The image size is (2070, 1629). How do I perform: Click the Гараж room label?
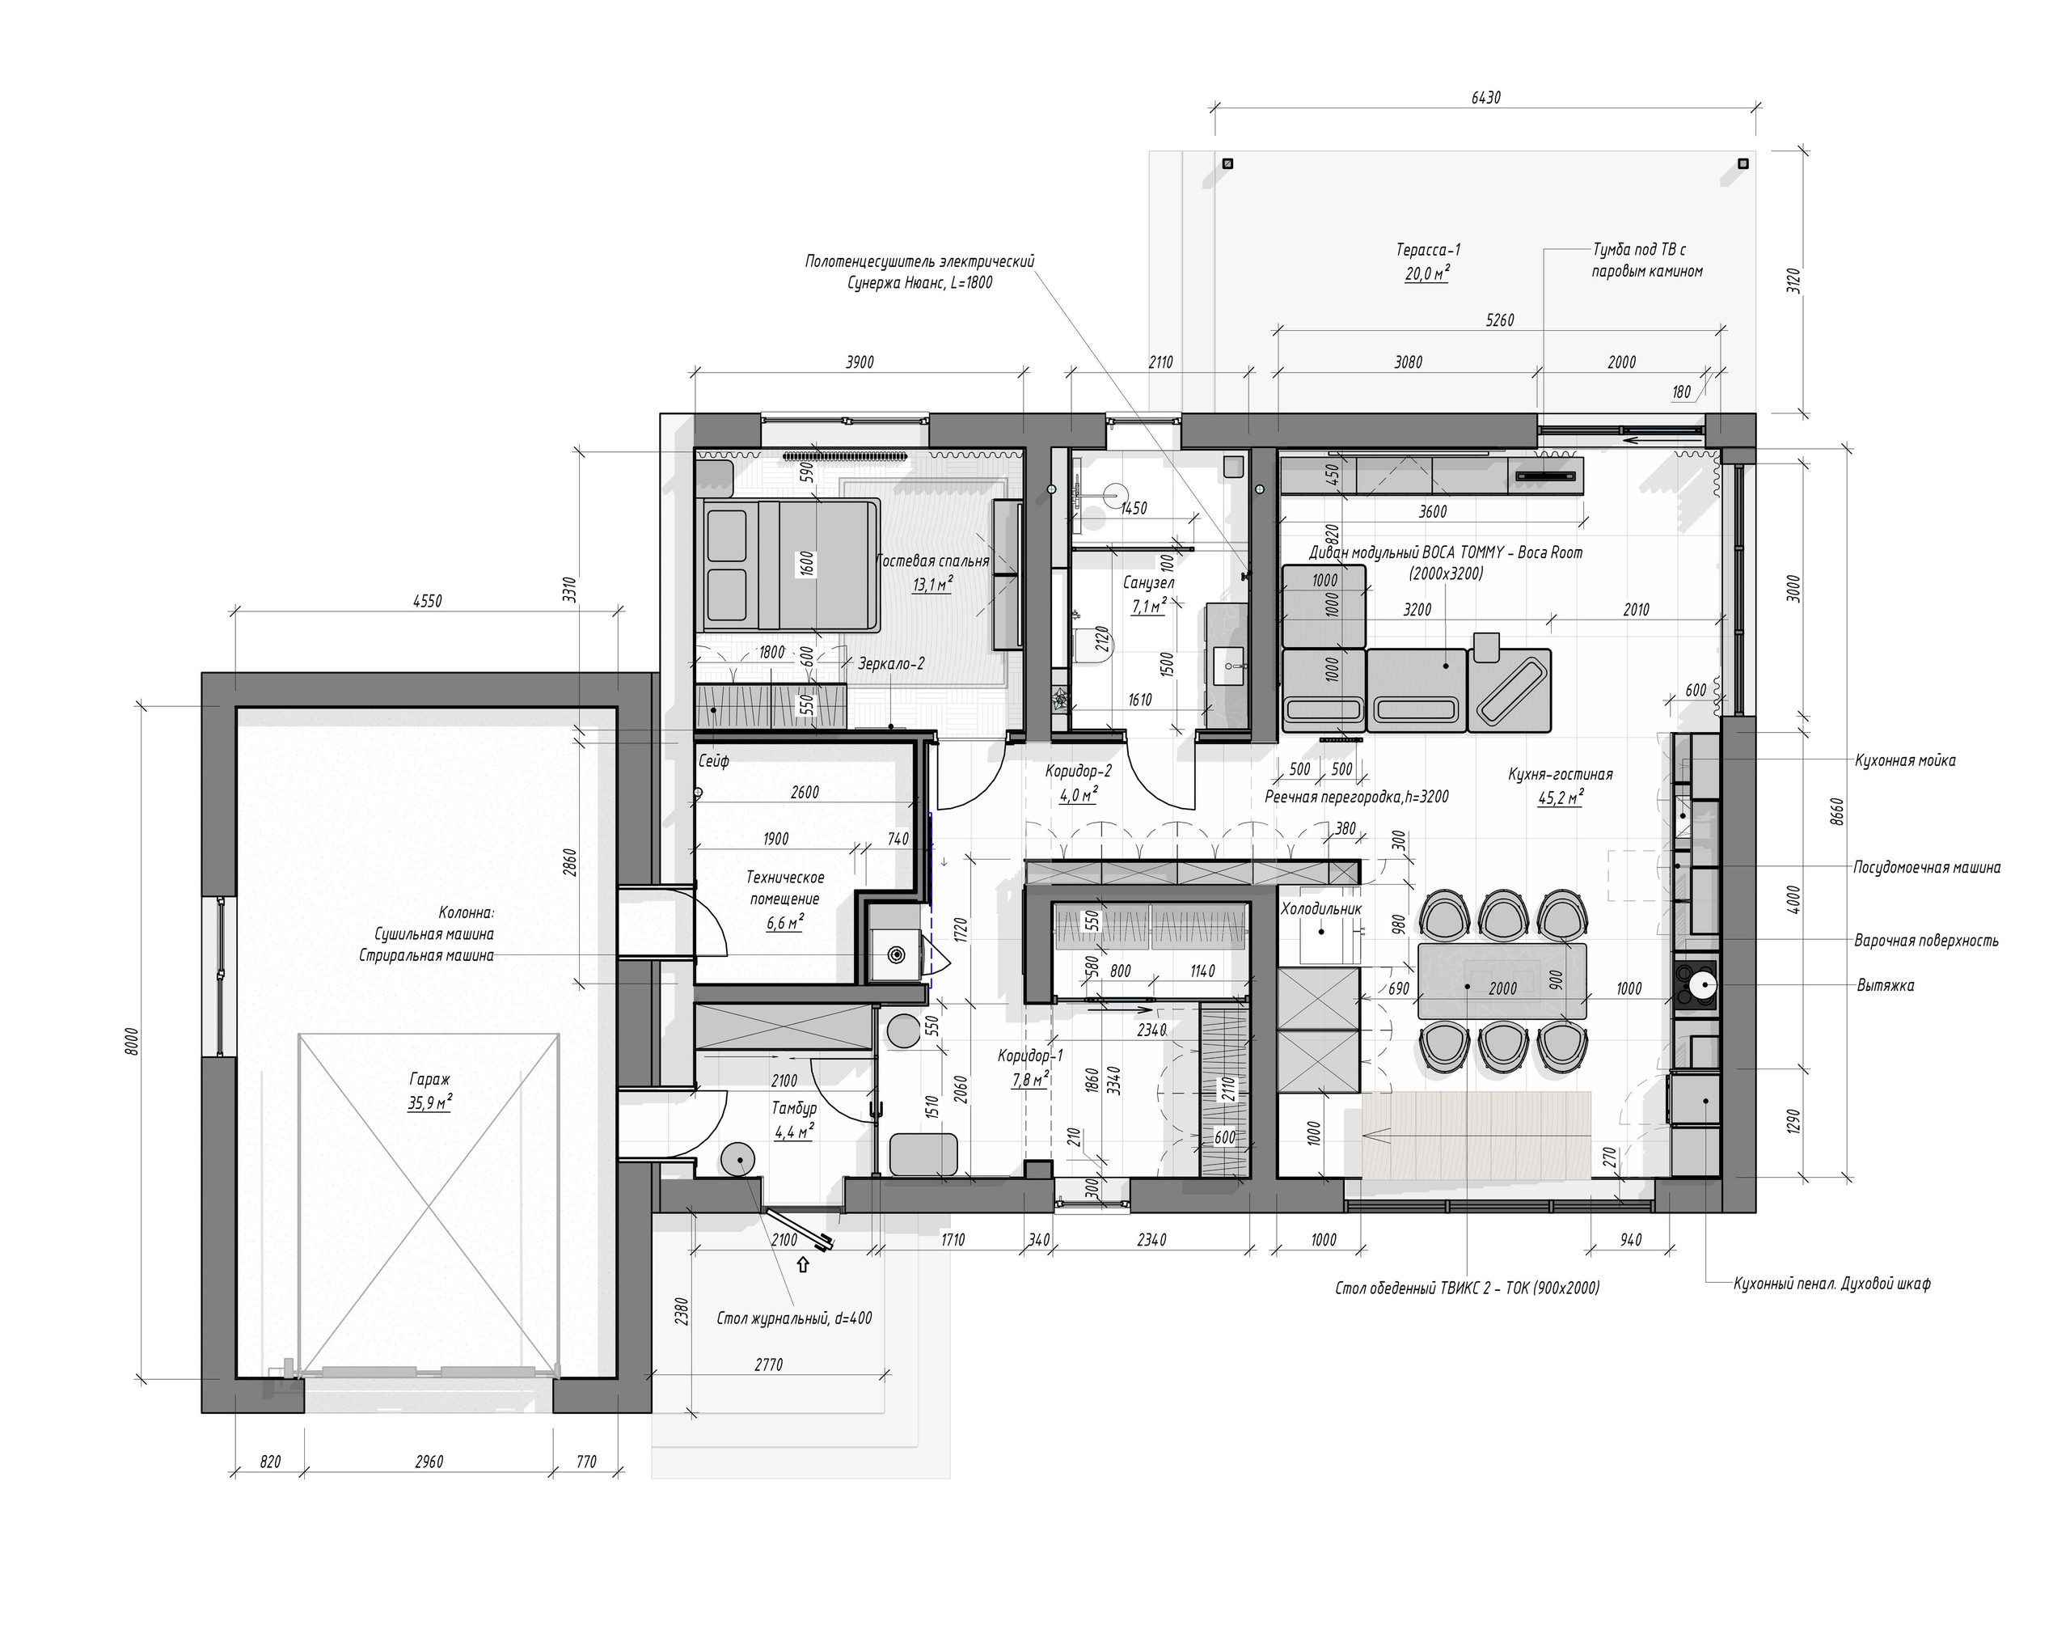pyautogui.click(x=429, y=1080)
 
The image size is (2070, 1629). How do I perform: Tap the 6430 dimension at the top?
pyautogui.click(x=1485, y=97)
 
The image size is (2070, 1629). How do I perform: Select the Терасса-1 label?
pyautogui.click(x=1428, y=250)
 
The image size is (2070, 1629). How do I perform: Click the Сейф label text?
pyautogui.click(x=713, y=761)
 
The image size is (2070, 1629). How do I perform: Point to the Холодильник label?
pyautogui.click(x=1320, y=909)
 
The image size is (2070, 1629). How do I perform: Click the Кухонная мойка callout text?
pyautogui.click(x=1905, y=760)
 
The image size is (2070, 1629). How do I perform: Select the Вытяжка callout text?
pyautogui.click(x=1885, y=985)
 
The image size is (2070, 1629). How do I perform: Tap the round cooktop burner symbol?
pyautogui.click(x=1699, y=985)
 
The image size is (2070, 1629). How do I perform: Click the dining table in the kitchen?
pyautogui.click(x=1502, y=980)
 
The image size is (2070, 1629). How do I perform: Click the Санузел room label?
pyautogui.click(x=1148, y=582)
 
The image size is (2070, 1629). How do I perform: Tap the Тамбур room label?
pyautogui.click(x=793, y=1108)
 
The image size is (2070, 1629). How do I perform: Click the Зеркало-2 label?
pyautogui.click(x=890, y=664)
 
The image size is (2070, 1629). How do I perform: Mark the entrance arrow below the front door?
pyautogui.click(x=803, y=1265)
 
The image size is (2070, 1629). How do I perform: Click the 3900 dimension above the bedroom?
pyautogui.click(x=859, y=362)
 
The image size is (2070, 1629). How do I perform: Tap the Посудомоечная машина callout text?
pyautogui.click(x=1926, y=867)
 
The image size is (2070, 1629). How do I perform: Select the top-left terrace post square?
pyautogui.click(x=1227, y=163)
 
